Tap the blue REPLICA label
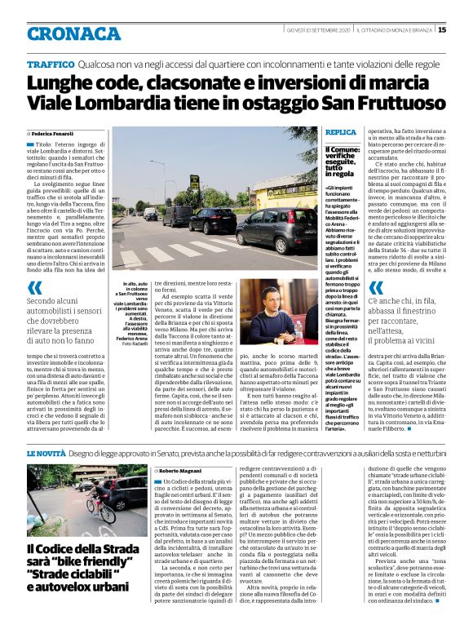340,131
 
